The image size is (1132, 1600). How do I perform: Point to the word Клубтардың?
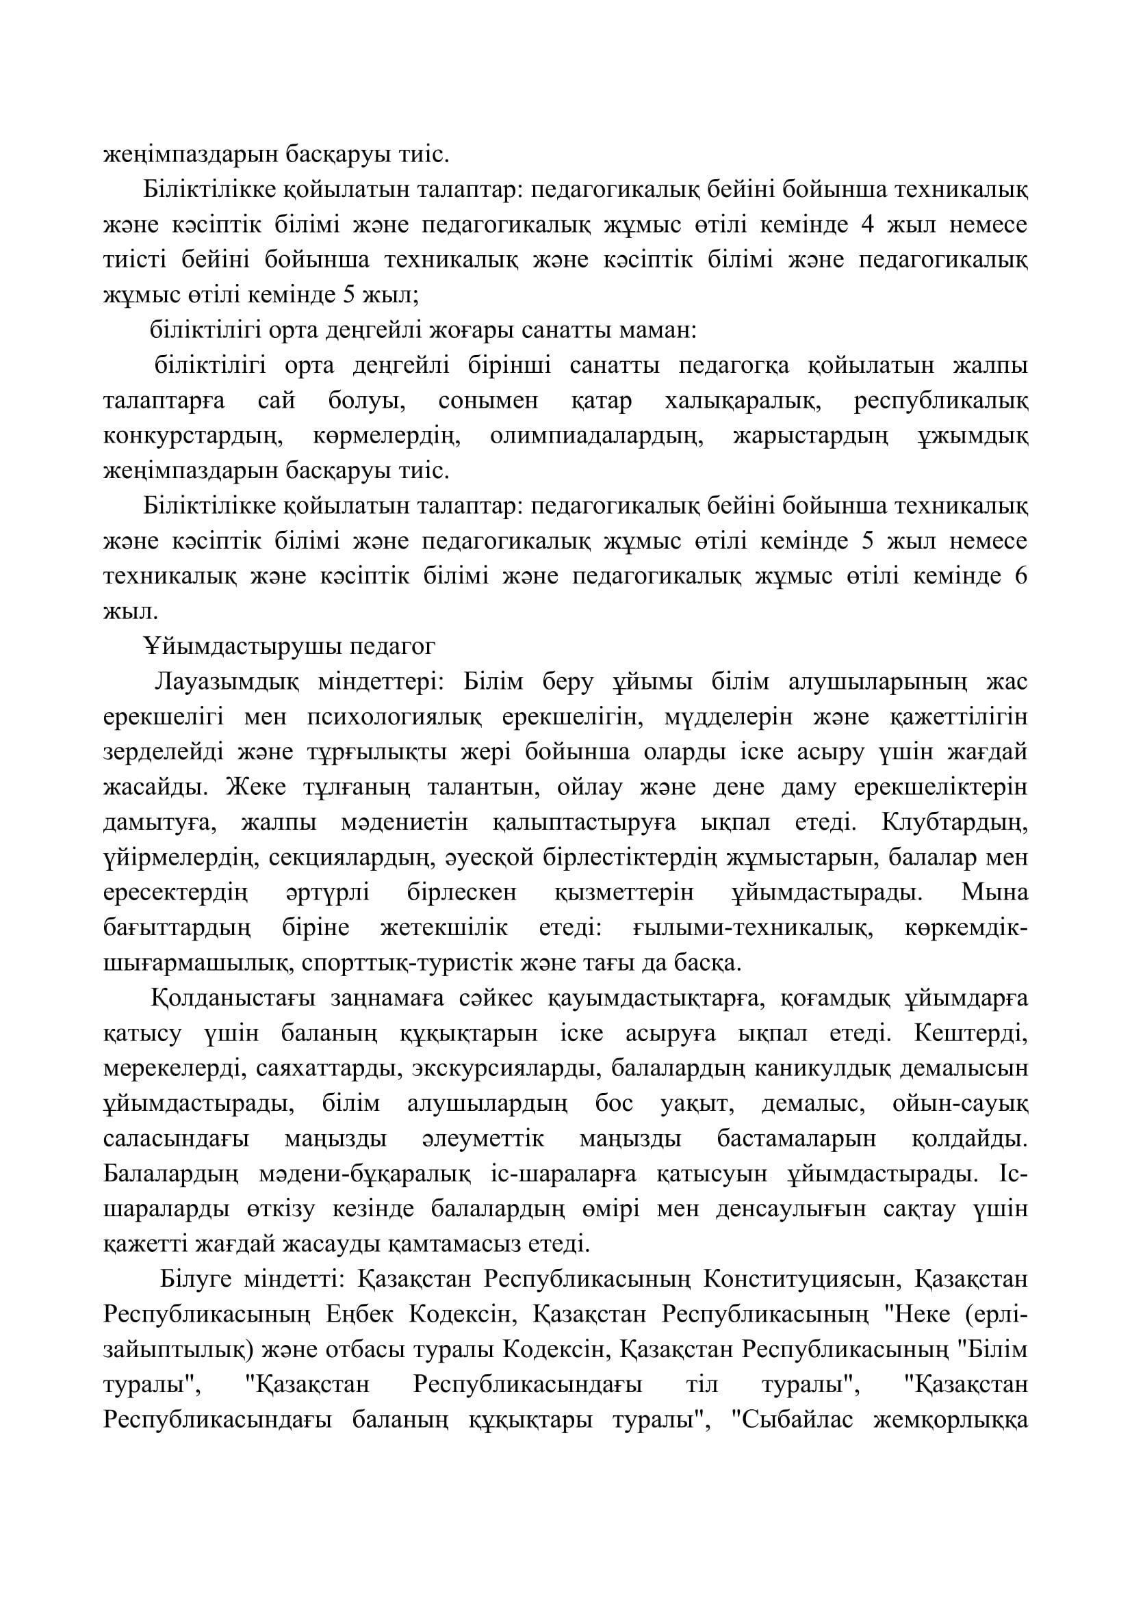(955, 822)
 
